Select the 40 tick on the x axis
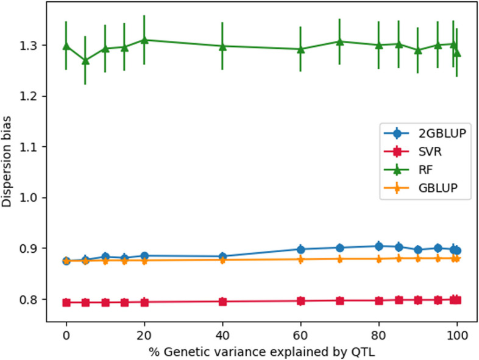[x=222, y=334]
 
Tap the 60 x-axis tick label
[x=300, y=334]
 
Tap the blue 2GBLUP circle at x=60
[x=300, y=249]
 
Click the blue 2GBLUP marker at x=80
[x=378, y=246]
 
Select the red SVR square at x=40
[x=222, y=302]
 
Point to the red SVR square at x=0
[x=66, y=302]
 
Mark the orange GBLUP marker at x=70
[x=339, y=259]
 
